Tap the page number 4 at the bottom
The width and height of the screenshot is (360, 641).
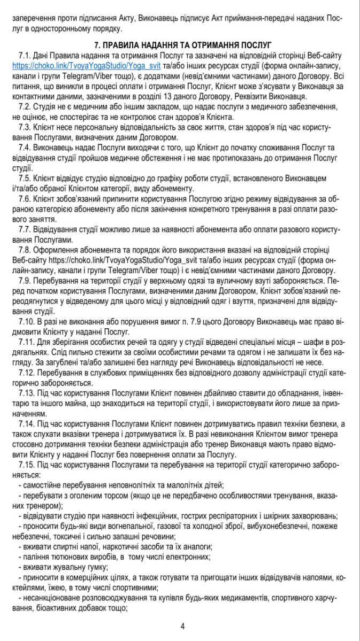coord(182,626)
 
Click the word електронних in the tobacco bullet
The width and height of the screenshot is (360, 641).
coord(174,557)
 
